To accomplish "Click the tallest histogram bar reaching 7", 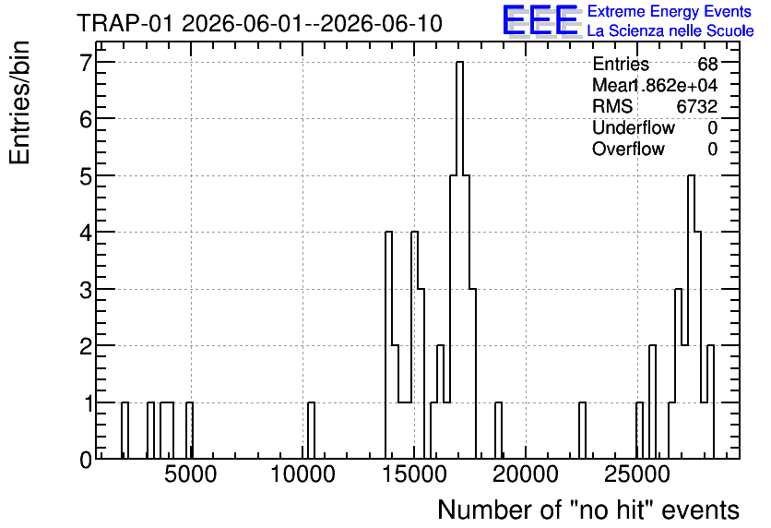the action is click(x=460, y=259).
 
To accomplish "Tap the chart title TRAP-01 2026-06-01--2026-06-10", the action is click(x=260, y=24).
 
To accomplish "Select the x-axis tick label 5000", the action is click(x=190, y=474).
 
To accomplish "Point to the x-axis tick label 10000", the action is click(x=302, y=474).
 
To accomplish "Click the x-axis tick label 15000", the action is click(x=414, y=474).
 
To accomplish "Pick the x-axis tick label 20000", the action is click(x=526, y=474).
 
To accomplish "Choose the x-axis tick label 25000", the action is click(x=637, y=474).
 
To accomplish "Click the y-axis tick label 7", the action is click(x=86, y=62).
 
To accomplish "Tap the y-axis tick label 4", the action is click(x=86, y=233).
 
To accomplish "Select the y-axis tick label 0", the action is click(x=86, y=460).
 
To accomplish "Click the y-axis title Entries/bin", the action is click(x=19, y=102).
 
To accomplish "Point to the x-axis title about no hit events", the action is click(x=588, y=510).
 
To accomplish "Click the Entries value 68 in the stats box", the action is click(x=707, y=64).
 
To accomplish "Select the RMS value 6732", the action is click(x=696, y=106).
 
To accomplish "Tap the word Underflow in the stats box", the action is click(x=634, y=127).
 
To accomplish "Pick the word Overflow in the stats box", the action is click(x=628, y=149).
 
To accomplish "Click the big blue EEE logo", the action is click(x=541, y=21).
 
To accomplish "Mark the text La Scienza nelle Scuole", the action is click(x=670, y=31).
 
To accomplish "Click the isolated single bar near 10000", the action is click(x=311, y=430).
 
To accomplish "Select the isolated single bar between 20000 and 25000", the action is click(x=582, y=430).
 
